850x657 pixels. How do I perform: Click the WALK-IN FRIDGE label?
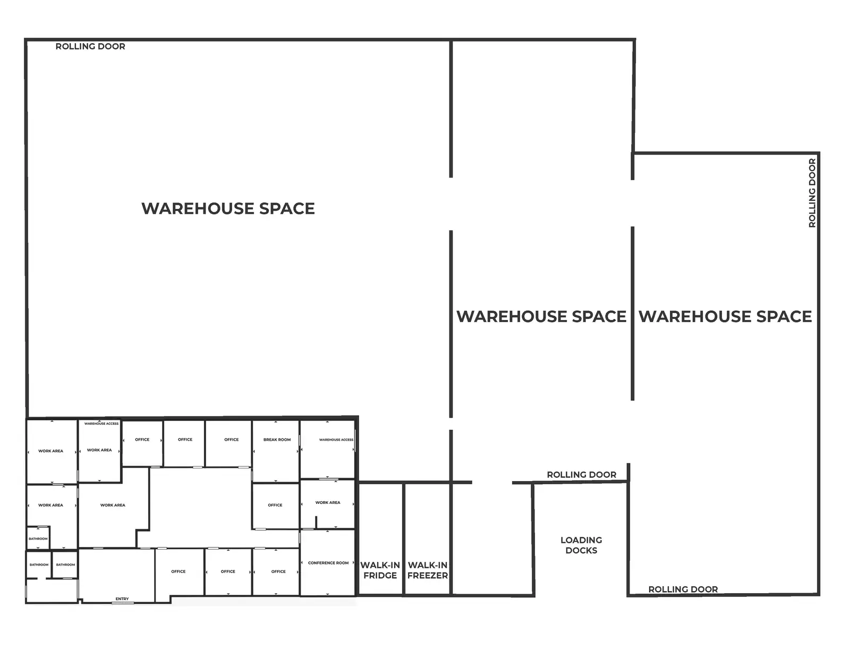(380, 570)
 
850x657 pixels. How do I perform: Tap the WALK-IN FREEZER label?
(428, 570)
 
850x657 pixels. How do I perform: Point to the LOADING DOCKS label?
(581, 545)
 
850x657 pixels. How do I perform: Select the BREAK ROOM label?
(277, 440)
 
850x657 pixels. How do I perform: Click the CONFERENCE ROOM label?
(328, 563)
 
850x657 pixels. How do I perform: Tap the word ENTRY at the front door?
(122, 599)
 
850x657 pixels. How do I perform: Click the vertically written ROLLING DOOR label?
(812, 193)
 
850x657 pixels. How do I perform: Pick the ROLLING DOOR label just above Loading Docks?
(581, 475)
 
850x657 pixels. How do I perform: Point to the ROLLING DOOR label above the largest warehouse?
(90, 47)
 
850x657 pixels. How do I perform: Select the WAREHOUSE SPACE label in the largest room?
(228, 208)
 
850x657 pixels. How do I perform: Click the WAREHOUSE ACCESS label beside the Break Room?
(336, 440)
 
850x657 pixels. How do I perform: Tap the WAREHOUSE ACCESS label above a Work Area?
(101, 424)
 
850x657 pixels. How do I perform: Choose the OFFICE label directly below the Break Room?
(275, 505)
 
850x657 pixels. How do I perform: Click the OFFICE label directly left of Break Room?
(232, 440)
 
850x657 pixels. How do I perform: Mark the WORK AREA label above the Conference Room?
(328, 502)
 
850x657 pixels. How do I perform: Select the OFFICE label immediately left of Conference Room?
(278, 571)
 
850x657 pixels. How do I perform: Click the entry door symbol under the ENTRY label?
(122, 603)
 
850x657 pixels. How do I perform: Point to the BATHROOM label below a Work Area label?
(38, 539)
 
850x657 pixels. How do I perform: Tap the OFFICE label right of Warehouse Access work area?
(142, 440)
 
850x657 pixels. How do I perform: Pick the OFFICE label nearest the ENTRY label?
(178, 571)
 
